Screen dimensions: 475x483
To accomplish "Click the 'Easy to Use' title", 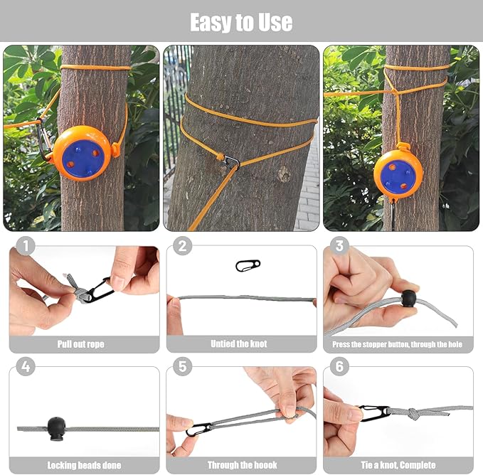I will [241, 22].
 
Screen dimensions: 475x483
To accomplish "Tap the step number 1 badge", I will [25, 247].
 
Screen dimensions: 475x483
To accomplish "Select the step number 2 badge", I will [183, 247].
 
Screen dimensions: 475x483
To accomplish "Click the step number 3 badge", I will [340, 247].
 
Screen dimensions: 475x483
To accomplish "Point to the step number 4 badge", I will [25, 367].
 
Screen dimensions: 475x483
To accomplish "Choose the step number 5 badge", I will [183, 367].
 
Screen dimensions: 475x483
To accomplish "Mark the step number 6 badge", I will [340, 367].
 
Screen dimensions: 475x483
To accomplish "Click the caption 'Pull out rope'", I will [80, 344].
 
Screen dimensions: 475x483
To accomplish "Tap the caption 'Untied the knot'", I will [239, 344].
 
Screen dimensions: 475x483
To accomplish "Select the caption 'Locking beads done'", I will [84, 465].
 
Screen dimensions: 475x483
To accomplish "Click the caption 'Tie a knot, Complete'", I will [398, 465].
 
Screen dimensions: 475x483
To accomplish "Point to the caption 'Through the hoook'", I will [242, 465].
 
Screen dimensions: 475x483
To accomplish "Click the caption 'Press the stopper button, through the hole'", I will [398, 344].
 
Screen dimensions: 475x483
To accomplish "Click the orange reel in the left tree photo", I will [83, 153].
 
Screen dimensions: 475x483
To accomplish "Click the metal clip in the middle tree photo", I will [231, 163].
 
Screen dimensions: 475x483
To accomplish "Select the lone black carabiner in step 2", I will [248, 265].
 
